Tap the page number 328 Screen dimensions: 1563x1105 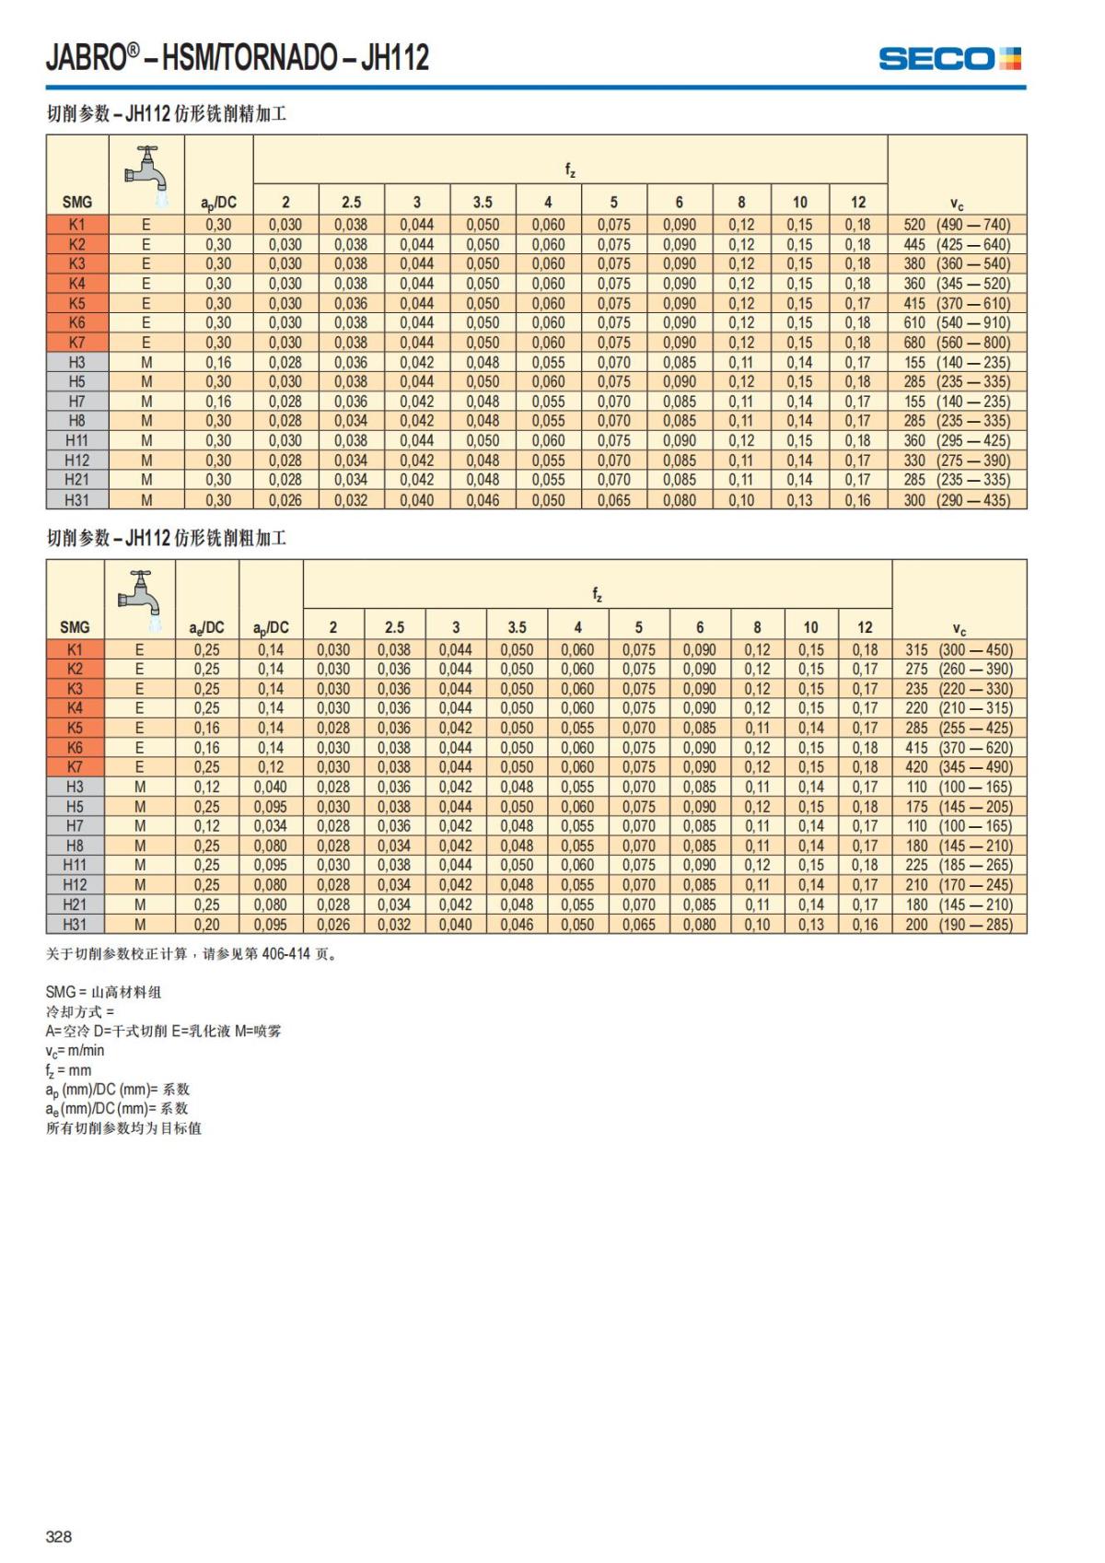pyautogui.click(x=59, y=1535)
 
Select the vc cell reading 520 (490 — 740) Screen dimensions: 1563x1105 pyautogui.click(x=957, y=225)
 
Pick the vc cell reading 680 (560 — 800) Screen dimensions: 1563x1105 pyautogui.click(x=957, y=343)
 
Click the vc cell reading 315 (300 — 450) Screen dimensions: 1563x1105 pyautogui.click(x=959, y=649)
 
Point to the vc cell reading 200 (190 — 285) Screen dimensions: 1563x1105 pyautogui.click(x=959, y=924)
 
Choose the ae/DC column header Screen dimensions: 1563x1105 pyautogui.click(x=207, y=627)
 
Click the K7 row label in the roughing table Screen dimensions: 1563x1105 pyautogui.click(x=75, y=767)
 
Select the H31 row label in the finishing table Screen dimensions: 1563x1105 pyautogui.click(x=76, y=500)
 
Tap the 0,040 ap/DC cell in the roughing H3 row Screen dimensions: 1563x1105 pyautogui.click(x=271, y=787)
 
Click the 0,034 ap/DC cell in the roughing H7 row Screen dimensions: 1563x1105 pyautogui.click(x=271, y=826)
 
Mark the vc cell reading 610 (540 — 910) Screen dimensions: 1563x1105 pyautogui.click(x=957, y=322)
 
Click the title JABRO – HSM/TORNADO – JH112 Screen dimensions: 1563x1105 pyautogui.click(x=238, y=58)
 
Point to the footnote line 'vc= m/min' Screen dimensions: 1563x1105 pyautogui.click(x=76, y=1050)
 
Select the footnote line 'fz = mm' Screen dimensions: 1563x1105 pyautogui.click(x=69, y=1070)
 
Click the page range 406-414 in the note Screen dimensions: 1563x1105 pyautogui.click(x=286, y=954)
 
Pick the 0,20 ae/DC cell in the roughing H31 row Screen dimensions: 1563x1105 pyautogui.click(x=207, y=924)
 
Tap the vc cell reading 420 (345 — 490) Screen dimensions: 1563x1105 pyautogui.click(x=959, y=767)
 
